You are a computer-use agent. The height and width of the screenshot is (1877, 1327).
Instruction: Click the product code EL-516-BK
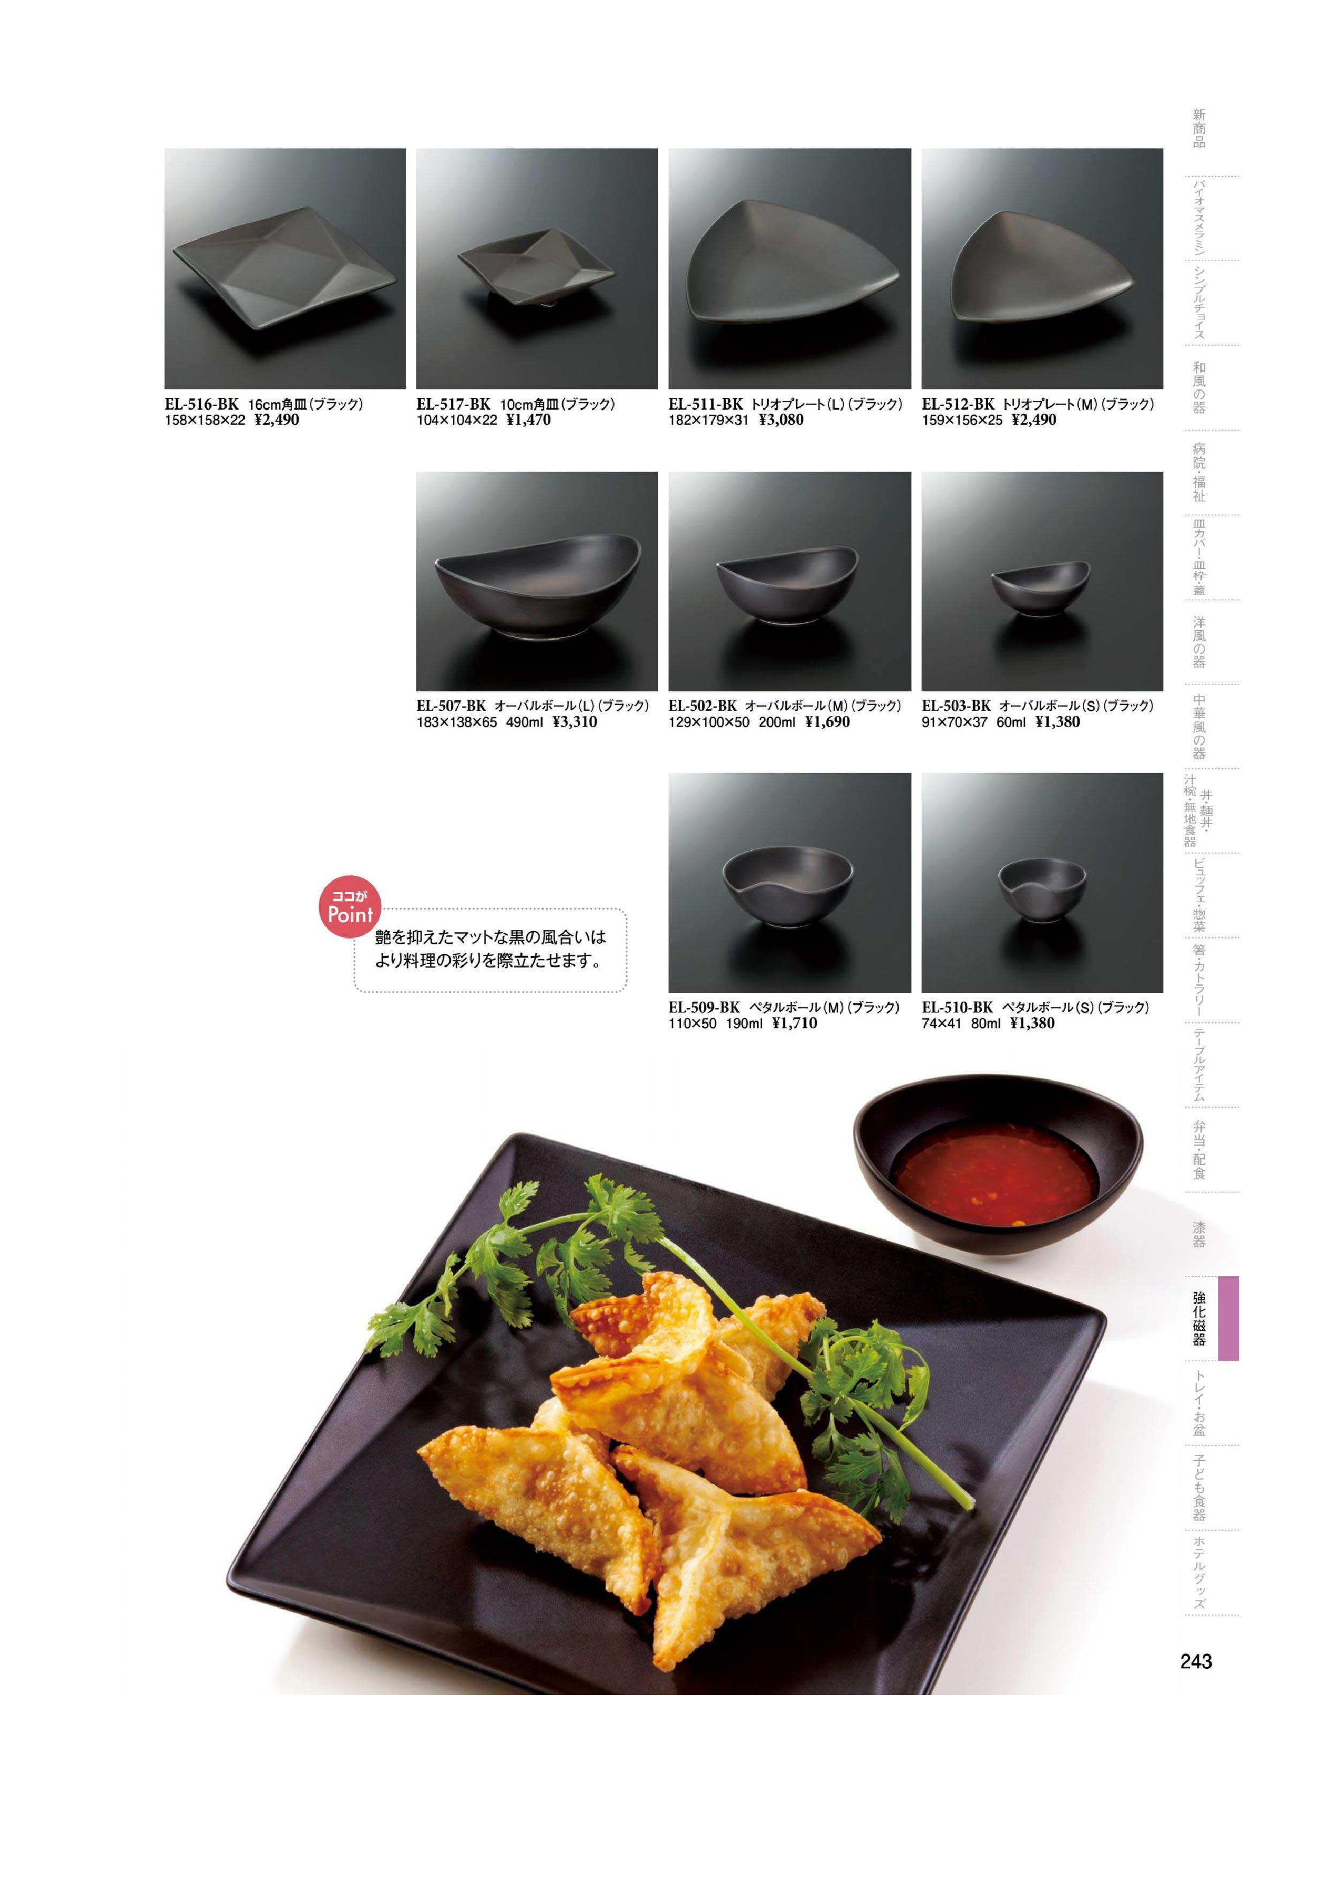(x=202, y=404)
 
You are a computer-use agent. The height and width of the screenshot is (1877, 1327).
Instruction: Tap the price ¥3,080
(x=781, y=420)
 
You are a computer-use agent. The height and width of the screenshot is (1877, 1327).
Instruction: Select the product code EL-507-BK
(x=451, y=706)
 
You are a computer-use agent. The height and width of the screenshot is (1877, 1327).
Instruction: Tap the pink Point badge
(x=350, y=910)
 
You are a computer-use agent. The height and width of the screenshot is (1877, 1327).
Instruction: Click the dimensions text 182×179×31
(x=708, y=420)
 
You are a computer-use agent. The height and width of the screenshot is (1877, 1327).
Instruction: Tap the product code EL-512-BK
(x=958, y=404)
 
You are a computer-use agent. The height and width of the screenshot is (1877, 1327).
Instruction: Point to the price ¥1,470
(x=528, y=420)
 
